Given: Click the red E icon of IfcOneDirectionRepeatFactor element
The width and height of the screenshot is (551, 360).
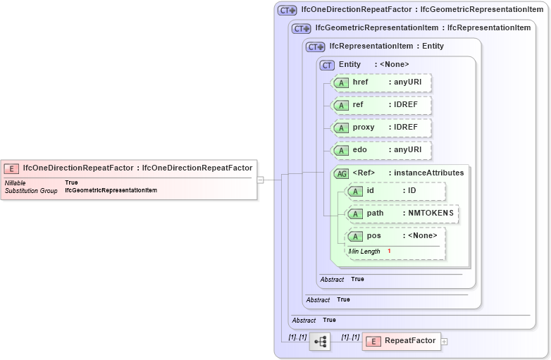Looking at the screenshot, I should [x=11, y=168].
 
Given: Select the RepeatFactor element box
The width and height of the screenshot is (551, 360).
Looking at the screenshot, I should [x=401, y=341].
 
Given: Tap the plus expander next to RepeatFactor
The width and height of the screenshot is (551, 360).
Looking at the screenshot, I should [x=445, y=342].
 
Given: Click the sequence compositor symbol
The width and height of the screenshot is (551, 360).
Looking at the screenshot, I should [x=320, y=342].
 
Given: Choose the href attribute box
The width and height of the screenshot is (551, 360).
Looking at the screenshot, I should [x=381, y=82].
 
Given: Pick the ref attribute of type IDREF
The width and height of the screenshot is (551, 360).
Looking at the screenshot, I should [x=381, y=105].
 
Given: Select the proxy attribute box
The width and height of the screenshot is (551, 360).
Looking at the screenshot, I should [x=381, y=128].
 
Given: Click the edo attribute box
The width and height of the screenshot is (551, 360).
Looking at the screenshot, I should [x=381, y=150].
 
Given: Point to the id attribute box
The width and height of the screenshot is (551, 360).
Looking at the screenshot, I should [x=395, y=191].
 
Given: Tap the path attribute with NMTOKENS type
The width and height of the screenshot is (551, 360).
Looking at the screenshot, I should [x=402, y=213].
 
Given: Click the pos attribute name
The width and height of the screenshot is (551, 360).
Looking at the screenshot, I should [x=373, y=236].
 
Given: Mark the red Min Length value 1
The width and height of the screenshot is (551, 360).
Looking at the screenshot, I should [x=388, y=252].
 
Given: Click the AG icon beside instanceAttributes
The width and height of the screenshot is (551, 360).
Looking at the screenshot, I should [x=341, y=173].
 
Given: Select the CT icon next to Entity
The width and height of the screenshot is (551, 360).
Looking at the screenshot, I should [x=327, y=65].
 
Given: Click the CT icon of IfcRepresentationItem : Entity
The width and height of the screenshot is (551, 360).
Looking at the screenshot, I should [x=315, y=46].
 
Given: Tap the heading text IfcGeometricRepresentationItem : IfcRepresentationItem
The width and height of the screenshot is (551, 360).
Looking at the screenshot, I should [x=423, y=28].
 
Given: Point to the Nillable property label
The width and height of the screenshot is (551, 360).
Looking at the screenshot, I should [x=16, y=182].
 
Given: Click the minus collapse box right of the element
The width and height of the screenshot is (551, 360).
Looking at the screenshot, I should [x=260, y=180].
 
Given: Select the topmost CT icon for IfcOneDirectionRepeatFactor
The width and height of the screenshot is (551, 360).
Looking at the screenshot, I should [x=287, y=10].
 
